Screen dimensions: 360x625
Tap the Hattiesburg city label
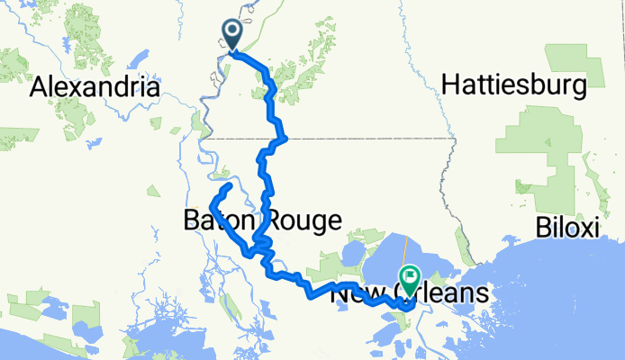click(x=514, y=85)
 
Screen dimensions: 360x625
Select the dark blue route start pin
click(x=231, y=35)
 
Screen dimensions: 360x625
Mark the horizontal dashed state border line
click(x=360, y=139)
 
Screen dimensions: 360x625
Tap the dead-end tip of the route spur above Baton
click(x=231, y=184)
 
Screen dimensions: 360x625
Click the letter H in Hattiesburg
click(x=450, y=85)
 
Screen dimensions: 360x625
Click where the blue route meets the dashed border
click(x=282, y=139)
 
